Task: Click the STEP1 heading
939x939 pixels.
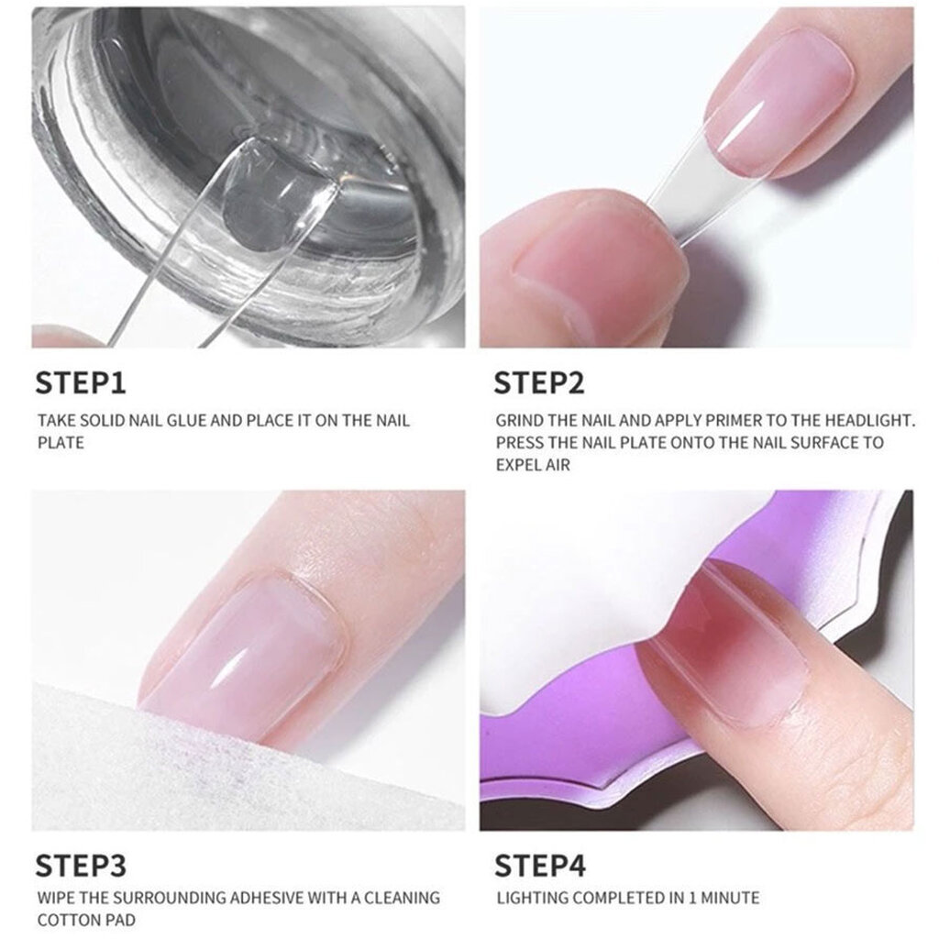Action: (81, 383)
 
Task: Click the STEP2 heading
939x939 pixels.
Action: (539, 383)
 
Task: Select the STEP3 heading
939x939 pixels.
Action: (81, 866)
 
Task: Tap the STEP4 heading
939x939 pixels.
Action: (540, 866)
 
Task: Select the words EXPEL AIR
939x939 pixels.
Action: (533, 465)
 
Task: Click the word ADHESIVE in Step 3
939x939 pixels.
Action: (267, 898)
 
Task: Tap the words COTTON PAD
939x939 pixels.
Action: (86, 920)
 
